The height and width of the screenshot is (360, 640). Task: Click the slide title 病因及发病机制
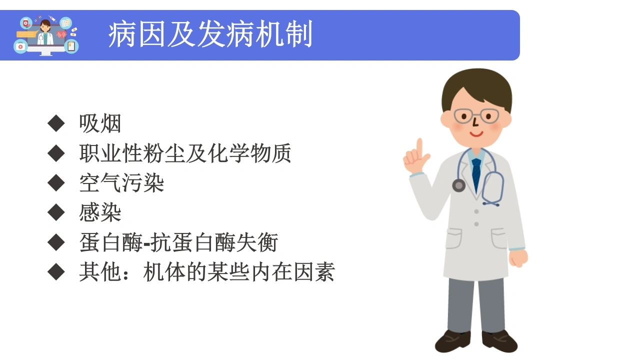click(210, 34)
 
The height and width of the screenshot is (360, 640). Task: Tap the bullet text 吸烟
click(100, 123)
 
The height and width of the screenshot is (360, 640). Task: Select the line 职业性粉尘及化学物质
click(185, 153)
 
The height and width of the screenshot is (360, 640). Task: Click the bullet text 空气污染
click(121, 183)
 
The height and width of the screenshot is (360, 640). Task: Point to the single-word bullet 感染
click(100, 212)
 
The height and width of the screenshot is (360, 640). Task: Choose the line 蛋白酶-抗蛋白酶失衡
click(178, 242)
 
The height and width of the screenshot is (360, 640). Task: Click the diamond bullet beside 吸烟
click(56, 123)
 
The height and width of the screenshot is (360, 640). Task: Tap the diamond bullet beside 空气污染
click(56, 183)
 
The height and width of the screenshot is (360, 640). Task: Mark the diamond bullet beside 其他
click(56, 271)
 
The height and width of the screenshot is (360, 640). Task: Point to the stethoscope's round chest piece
click(459, 185)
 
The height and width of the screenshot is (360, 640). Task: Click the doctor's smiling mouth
click(476, 133)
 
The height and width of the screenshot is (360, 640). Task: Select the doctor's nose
click(475, 122)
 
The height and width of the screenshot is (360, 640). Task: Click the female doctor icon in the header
click(45, 33)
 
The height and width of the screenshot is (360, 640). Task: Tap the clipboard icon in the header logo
click(71, 46)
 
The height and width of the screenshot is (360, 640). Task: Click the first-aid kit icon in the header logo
click(20, 46)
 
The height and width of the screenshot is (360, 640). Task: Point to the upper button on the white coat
click(476, 211)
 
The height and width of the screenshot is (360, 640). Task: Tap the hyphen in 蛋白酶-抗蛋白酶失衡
click(146, 243)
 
